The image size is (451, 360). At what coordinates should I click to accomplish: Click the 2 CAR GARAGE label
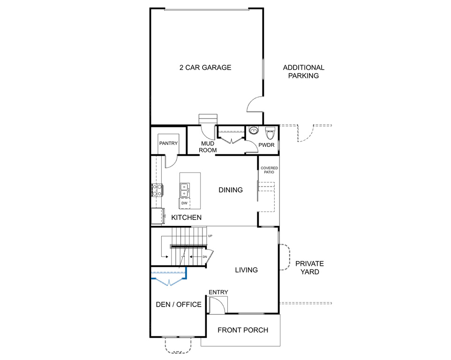[205, 67]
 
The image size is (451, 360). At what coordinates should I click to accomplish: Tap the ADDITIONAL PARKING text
[303, 72]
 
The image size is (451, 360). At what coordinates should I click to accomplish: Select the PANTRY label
[169, 143]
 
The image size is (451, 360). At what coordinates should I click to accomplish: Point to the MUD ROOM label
[208, 147]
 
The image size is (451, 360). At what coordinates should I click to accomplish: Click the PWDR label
[266, 145]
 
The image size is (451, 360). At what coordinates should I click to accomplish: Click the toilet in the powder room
[270, 133]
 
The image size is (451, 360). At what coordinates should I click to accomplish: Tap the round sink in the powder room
[254, 130]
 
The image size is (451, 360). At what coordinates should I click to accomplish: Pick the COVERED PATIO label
[269, 170]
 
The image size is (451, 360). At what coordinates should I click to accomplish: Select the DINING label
[231, 190]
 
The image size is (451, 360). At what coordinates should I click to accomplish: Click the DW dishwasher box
[184, 203]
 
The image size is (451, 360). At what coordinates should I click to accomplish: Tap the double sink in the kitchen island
[185, 190]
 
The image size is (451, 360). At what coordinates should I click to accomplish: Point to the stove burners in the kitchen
[157, 190]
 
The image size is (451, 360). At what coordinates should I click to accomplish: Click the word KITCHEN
[187, 217]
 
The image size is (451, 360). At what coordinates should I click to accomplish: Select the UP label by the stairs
[210, 236]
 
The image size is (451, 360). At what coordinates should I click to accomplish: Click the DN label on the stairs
[205, 257]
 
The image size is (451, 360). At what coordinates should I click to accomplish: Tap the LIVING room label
[247, 270]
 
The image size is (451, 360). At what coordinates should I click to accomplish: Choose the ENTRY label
[218, 292]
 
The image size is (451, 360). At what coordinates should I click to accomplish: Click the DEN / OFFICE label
[179, 305]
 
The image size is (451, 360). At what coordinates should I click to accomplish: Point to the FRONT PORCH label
[243, 330]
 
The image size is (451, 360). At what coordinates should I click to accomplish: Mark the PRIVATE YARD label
[309, 268]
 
